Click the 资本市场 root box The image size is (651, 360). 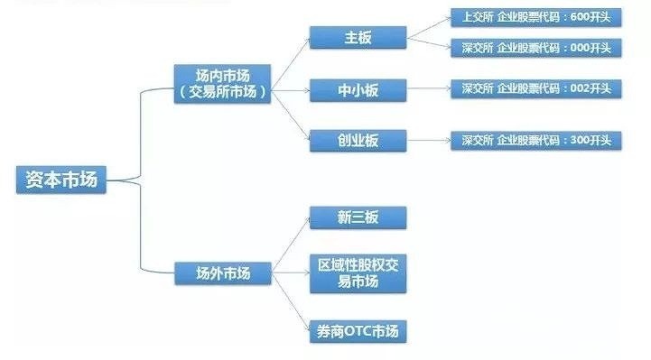[61, 180]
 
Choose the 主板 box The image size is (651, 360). [358, 38]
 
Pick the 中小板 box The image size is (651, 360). [358, 89]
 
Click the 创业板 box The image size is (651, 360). [358, 140]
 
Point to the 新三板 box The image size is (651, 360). [358, 218]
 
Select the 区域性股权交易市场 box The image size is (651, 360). [358, 272]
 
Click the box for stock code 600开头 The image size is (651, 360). [535, 16]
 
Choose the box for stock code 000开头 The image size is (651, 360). [535, 47]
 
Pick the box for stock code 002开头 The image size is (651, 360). [535, 89]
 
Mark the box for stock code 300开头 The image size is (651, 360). [535, 140]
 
